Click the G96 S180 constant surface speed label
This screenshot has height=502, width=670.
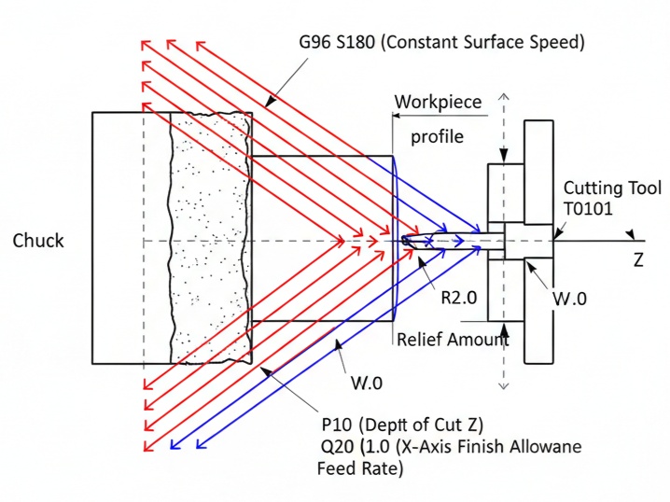(441, 42)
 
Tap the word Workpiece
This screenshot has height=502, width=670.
(439, 102)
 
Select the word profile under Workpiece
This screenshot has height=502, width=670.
(437, 136)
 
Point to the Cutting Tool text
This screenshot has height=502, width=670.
(612, 188)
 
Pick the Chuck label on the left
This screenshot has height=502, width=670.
(38, 241)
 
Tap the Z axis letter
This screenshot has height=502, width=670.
(638, 261)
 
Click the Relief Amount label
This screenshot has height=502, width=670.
(453, 340)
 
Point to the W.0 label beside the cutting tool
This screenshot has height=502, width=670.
(569, 300)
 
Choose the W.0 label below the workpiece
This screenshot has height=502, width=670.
(366, 382)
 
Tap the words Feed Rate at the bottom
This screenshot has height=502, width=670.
(360, 469)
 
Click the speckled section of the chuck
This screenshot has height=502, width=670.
(210, 238)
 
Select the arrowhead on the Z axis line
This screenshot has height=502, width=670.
(632, 235)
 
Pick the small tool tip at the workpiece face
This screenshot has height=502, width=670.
(408, 241)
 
